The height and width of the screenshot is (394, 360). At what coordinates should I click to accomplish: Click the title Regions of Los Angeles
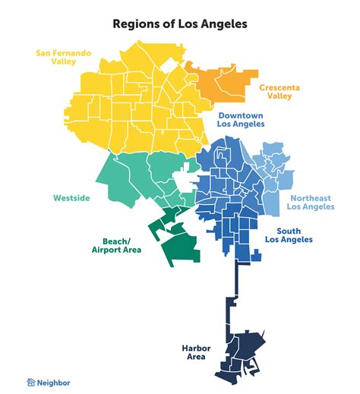tap(179, 24)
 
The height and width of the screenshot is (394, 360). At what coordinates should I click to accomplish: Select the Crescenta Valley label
tap(279, 93)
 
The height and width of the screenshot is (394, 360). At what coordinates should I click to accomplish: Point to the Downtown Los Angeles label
tap(241, 118)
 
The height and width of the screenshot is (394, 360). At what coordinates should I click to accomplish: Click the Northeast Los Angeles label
tap(311, 202)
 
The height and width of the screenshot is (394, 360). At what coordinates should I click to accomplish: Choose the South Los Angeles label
tap(294, 235)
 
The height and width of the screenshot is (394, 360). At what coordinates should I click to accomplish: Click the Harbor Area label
tap(196, 352)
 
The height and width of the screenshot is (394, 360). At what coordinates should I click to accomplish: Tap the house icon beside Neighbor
tap(31, 383)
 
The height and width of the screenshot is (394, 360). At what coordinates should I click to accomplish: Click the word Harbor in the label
tap(196, 348)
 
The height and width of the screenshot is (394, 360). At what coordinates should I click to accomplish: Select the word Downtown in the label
tap(241, 114)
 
